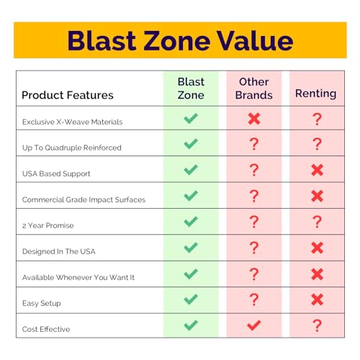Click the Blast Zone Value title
click(180, 41)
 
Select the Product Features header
click(68, 95)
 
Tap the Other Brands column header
click(254, 89)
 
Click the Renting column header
click(315, 94)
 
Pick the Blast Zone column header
click(191, 89)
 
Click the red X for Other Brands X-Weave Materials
click(254, 119)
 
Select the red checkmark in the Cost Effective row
click(254, 325)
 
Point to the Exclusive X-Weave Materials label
click(72, 122)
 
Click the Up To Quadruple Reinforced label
click(72, 148)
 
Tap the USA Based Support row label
click(56, 174)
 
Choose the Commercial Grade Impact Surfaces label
click(84, 199)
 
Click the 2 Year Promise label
click(48, 225)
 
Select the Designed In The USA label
click(59, 251)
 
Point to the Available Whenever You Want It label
click(78, 277)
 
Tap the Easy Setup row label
click(42, 303)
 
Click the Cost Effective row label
click(46, 329)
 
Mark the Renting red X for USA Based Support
click(317, 170)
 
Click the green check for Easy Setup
click(191, 300)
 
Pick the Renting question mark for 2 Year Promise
click(317, 222)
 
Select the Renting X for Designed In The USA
click(317, 248)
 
